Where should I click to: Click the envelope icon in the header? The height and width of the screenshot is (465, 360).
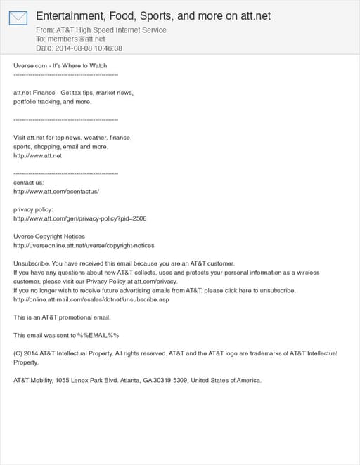pos(18,18)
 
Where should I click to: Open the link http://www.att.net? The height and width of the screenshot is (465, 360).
pos(38,155)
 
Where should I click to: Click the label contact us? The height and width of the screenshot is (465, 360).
pos(29,182)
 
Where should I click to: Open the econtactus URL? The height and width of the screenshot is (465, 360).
pos(56,191)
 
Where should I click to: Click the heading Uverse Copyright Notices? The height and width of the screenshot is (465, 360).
pos(49,237)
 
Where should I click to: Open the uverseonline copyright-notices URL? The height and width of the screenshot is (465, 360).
pos(84,246)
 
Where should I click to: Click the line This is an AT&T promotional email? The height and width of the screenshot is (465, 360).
pos(63,317)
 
